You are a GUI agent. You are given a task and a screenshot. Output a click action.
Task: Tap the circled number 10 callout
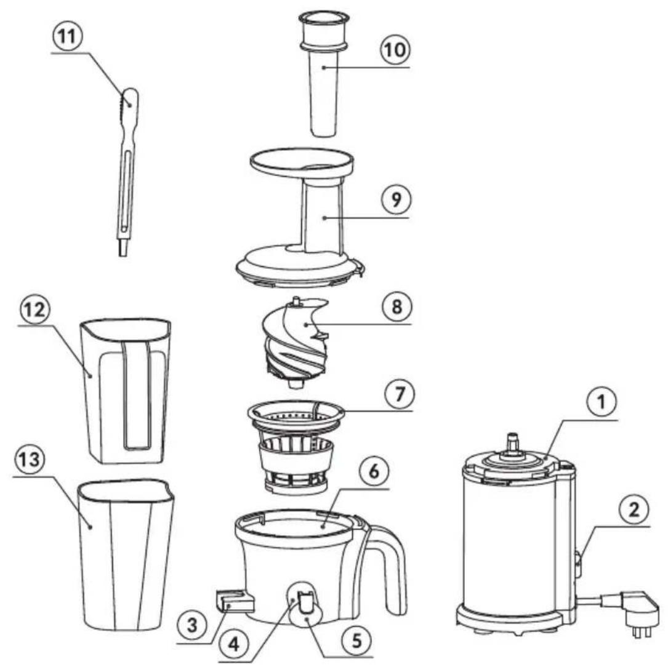[x=394, y=49]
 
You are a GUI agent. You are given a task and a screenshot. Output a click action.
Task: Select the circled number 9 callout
[x=396, y=199]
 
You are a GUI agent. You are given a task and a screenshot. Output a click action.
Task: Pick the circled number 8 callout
[x=397, y=306]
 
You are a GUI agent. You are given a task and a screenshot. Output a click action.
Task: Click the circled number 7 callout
[x=399, y=394]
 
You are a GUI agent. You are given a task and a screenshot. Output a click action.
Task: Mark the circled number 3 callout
[x=193, y=626]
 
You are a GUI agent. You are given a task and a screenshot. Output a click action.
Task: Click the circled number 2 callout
[x=634, y=509]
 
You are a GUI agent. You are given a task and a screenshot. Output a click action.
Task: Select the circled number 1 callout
[x=601, y=402]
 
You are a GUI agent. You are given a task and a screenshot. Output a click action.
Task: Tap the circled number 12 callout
[x=34, y=310]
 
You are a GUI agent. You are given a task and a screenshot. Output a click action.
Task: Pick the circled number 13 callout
[x=30, y=460]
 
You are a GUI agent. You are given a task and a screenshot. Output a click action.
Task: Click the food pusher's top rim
[x=324, y=18]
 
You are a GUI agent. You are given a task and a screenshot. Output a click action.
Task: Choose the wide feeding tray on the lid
[x=302, y=163]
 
